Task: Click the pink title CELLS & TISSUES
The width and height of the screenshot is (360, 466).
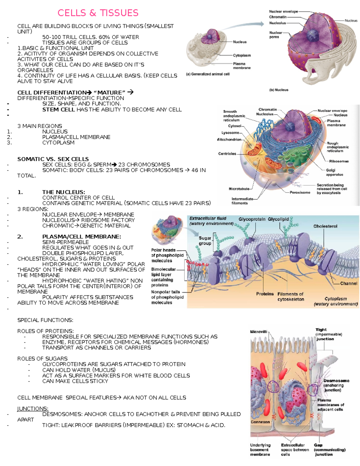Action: pyautogui.click(x=98, y=13)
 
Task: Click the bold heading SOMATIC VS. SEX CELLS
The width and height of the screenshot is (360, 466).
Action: pyautogui.click(x=53, y=159)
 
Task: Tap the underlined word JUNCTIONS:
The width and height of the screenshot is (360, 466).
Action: pyautogui.click(x=33, y=409)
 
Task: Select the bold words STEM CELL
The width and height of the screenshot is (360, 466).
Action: pyautogui.click(x=58, y=110)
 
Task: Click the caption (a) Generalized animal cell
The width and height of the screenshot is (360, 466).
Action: pyautogui.click(x=208, y=74)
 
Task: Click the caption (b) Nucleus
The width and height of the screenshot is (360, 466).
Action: pyautogui.click(x=279, y=90)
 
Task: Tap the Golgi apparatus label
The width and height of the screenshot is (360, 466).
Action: pyautogui.click(x=334, y=172)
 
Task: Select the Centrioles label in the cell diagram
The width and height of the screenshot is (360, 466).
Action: pyautogui.click(x=227, y=154)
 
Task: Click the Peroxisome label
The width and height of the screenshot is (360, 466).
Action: pyautogui.click(x=300, y=192)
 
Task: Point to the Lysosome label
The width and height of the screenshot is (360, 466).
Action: pyautogui.click(x=230, y=133)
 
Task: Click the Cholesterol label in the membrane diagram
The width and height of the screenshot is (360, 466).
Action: pyautogui.click(x=325, y=226)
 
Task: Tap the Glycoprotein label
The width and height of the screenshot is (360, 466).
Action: pyautogui.click(x=252, y=219)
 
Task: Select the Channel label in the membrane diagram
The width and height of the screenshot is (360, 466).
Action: pyautogui.click(x=349, y=283)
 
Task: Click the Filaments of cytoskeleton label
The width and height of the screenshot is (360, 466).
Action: pyautogui.click(x=290, y=296)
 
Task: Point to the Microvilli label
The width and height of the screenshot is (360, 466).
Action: pyautogui.click(x=259, y=332)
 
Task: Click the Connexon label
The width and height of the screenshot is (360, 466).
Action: pyautogui.click(x=260, y=422)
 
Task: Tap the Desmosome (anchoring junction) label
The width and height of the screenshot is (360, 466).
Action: pyautogui.click(x=332, y=385)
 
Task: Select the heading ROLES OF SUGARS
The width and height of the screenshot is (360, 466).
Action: pyautogui.click(x=42, y=359)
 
